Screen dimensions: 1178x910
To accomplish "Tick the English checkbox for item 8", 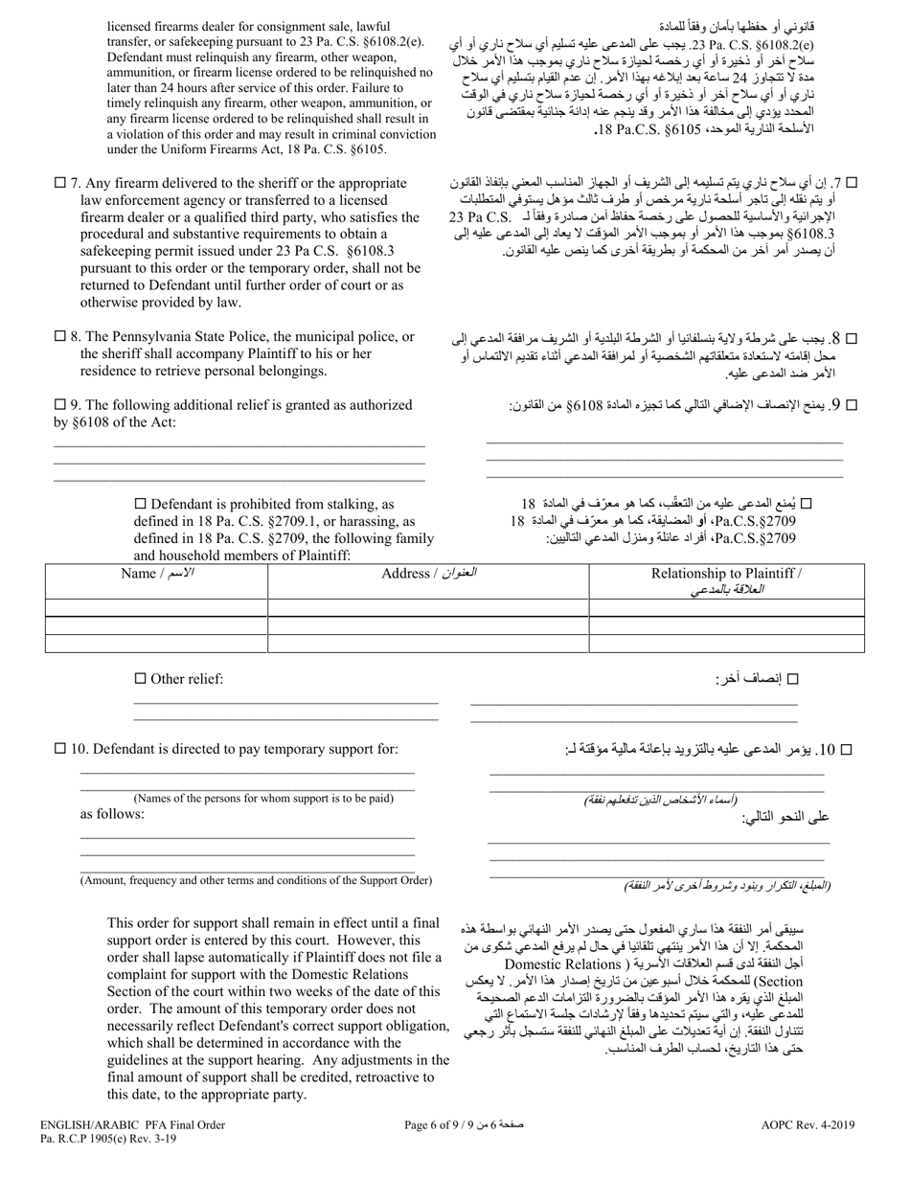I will click(x=60, y=336).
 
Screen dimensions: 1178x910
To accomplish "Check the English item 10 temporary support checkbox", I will click(x=60, y=749).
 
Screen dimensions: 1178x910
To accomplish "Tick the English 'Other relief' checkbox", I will click(x=140, y=678).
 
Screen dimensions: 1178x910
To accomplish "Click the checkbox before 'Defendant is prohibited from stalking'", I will click(x=140, y=503).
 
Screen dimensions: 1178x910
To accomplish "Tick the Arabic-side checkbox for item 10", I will click(x=846, y=750).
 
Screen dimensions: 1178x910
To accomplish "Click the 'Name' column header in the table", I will click(x=156, y=574).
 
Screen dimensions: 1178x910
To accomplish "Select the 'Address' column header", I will click(x=428, y=574).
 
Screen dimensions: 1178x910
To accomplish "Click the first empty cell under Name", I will click(x=156, y=607).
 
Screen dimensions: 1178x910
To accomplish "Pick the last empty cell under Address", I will click(x=428, y=644).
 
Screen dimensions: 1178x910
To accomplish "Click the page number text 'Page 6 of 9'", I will click(x=454, y=1126).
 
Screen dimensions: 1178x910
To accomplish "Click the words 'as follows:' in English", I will click(x=112, y=814).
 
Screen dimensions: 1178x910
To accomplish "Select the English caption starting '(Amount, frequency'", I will click(x=256, y=880).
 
